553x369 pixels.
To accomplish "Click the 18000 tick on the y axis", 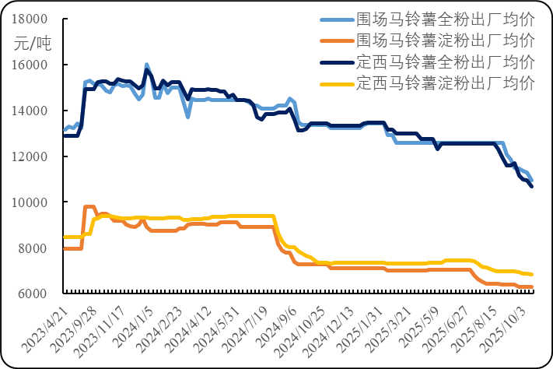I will [31, 19].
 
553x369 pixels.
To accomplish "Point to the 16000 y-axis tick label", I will [31, 65].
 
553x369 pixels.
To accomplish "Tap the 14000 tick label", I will [31, 111].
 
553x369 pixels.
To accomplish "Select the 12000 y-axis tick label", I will [31, 157].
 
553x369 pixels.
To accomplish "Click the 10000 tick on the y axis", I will [31, 203].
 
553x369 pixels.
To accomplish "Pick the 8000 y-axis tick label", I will [34, 249].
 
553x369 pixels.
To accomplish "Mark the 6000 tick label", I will [34, 294].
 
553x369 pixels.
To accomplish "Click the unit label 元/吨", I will [32, 44].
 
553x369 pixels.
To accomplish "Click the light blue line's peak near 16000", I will [145, 64].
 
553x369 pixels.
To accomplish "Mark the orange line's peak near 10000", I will [88, 206].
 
